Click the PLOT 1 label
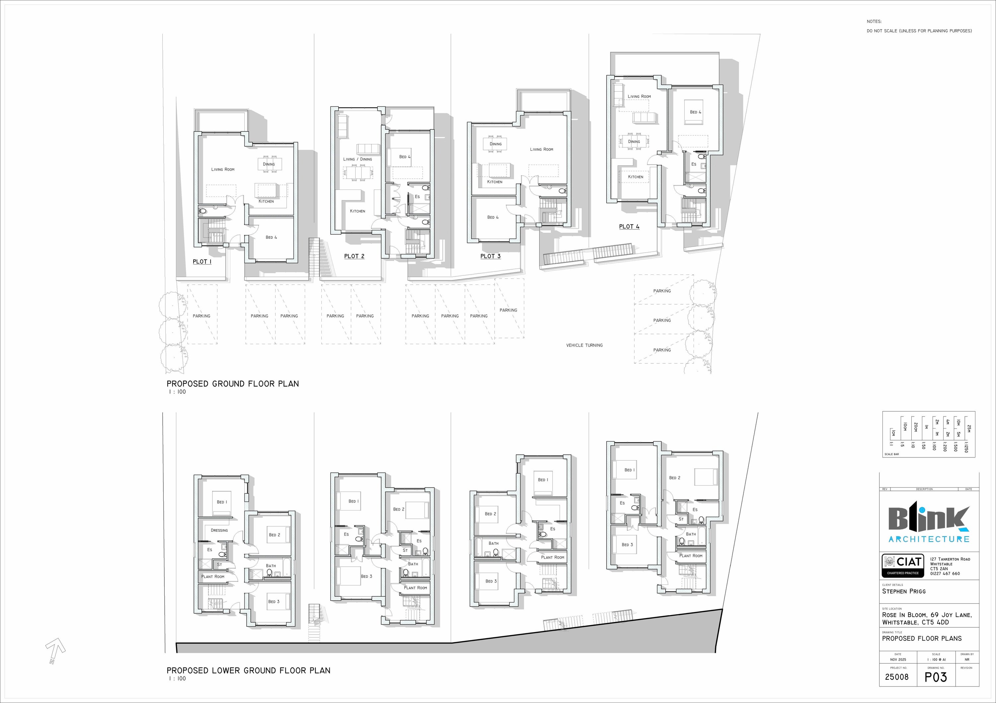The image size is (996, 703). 202,262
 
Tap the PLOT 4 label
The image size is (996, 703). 629,226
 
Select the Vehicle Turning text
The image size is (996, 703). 584,345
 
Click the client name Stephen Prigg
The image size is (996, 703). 904,591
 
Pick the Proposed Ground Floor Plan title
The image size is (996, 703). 232,384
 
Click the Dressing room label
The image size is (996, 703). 219,530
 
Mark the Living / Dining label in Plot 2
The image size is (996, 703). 358,159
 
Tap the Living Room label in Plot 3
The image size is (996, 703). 541,149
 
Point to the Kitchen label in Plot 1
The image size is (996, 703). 266,201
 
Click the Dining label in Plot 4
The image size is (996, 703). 634,141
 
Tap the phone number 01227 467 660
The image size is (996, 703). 945,573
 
